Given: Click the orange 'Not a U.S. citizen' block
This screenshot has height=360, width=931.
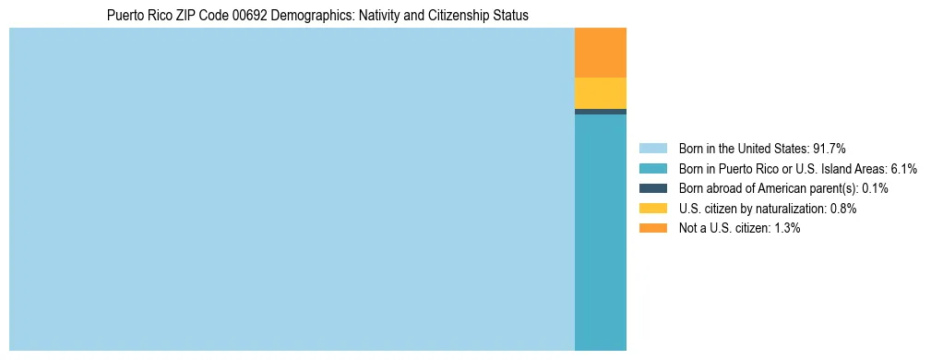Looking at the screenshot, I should tap(600, 53).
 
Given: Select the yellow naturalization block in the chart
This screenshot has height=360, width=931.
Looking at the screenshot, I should tap(600, 93).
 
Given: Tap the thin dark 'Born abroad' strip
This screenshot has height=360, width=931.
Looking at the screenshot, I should tap(600, 112).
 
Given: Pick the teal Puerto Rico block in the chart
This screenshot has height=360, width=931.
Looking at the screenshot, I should tap(600, 232).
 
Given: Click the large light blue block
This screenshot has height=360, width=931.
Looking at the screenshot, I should tap(292, 189).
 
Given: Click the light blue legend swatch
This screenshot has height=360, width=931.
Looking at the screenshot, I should tap(652, 148).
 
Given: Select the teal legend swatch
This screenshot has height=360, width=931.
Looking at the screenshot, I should tap(652, 168).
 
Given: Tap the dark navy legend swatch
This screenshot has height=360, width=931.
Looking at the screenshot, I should tap(652, 188).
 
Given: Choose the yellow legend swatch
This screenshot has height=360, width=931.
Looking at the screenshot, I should tap(652, 209).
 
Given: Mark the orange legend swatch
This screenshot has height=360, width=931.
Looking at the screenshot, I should tap(652, 229).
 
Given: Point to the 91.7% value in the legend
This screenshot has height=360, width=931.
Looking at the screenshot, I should tap(829, 148).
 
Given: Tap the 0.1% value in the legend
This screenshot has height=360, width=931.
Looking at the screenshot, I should tap(875, 188).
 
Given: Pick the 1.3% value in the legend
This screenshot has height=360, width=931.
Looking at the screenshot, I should tap(784, 229).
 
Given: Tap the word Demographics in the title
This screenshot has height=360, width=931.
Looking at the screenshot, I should tap(309, 16).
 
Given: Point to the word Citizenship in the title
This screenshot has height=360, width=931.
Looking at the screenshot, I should tap(448, 16).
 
